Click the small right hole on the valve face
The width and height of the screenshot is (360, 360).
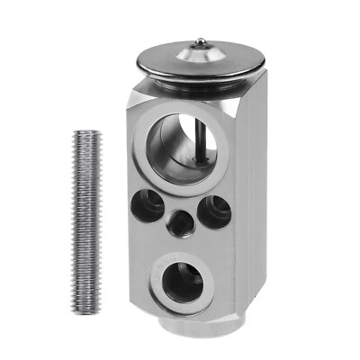[216, 211]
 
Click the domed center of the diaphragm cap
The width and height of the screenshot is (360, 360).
[200, 56]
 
